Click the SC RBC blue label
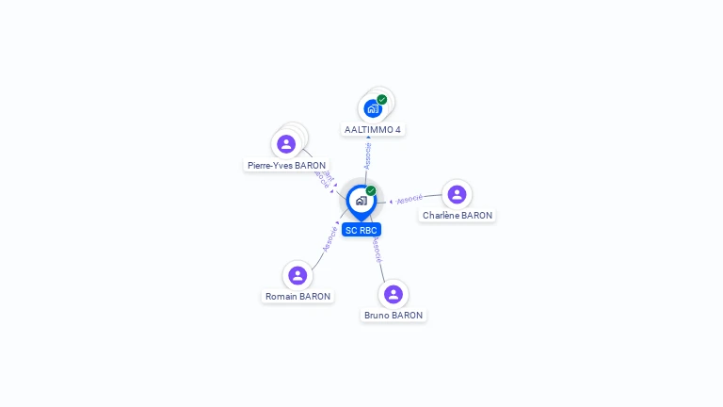pyautogui.click(x=361, y=230)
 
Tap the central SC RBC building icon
pyautogui.click(x=361, y=201)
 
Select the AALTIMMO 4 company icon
pyautogui.click(x=373, y=108)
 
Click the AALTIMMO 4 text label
pyautogui.click(x=373, y=129)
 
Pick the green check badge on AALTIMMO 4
pyautogui.click(x=382, y=99)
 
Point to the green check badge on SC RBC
pyautogui.click(x=371, y=191)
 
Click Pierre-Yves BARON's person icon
pyautogui.click(x=286, y=144)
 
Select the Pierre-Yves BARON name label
pyautogui.click(x=286, y=165)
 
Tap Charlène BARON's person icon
pyautogui.click(x=457, y=194)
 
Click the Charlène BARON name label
pyautogui.click(x=458, y=215)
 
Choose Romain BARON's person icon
pyautogui.click(x=297, y=275)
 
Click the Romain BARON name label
pyautogui.click(x=297, y=296)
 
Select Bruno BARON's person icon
pyautogui.click(x=394, y=294)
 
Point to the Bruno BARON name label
pyautogui.click(x=394, y=315)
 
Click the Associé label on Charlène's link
pyautogui.click(x=410, y=200)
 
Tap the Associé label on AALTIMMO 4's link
pyautogui.click(x=368, y=155)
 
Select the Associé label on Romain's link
pyautogui.click(x=329, y=238)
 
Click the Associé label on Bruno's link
pyautogui.click(x=377, y=250)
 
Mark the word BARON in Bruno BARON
pyautogui.click(x=408, y=315)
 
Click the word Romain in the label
pyautogui.click(x=282, y=296)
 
